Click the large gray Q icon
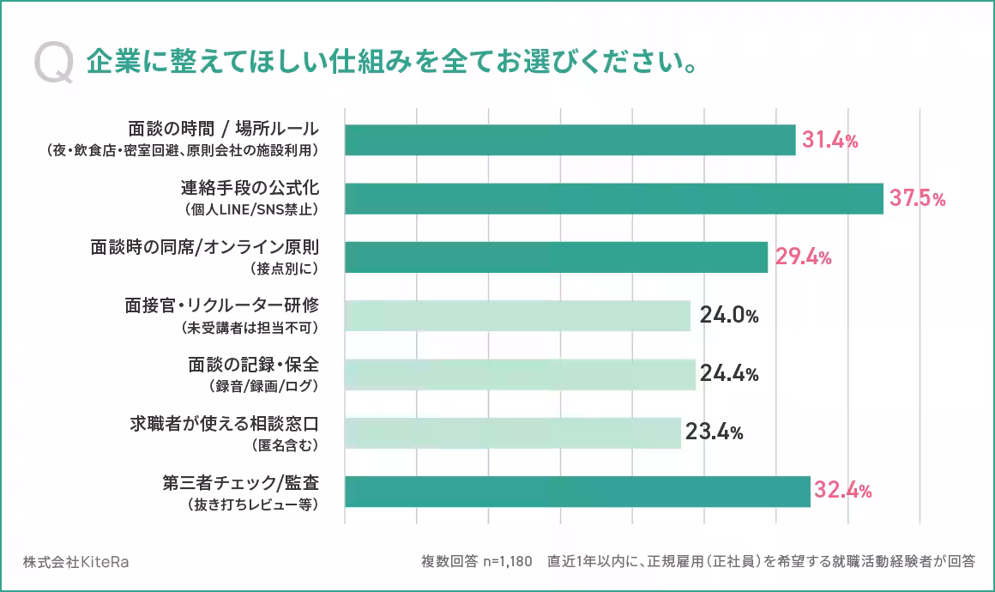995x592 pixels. tap(54, 64)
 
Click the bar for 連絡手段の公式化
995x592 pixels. tap(613, 198)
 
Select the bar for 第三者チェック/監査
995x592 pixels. tap(576, 491)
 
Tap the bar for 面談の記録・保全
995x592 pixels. tap(519, 374)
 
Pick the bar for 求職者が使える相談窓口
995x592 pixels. tap(512, 432)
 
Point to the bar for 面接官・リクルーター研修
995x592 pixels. tap(517, 316)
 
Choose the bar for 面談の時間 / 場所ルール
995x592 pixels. tap(570, 140)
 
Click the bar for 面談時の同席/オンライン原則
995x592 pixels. tap(556, 257)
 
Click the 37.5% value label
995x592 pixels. tap(917, 199)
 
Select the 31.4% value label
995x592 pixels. tap(829, 141)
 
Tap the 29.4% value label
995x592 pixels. tap(803, 257)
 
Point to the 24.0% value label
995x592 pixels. tap(728, 316)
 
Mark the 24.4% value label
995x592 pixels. tap(729, 374)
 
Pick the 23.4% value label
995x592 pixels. tap(714, 432)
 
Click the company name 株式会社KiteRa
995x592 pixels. tap(76, 562)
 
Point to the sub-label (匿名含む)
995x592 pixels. tap(285, 444)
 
